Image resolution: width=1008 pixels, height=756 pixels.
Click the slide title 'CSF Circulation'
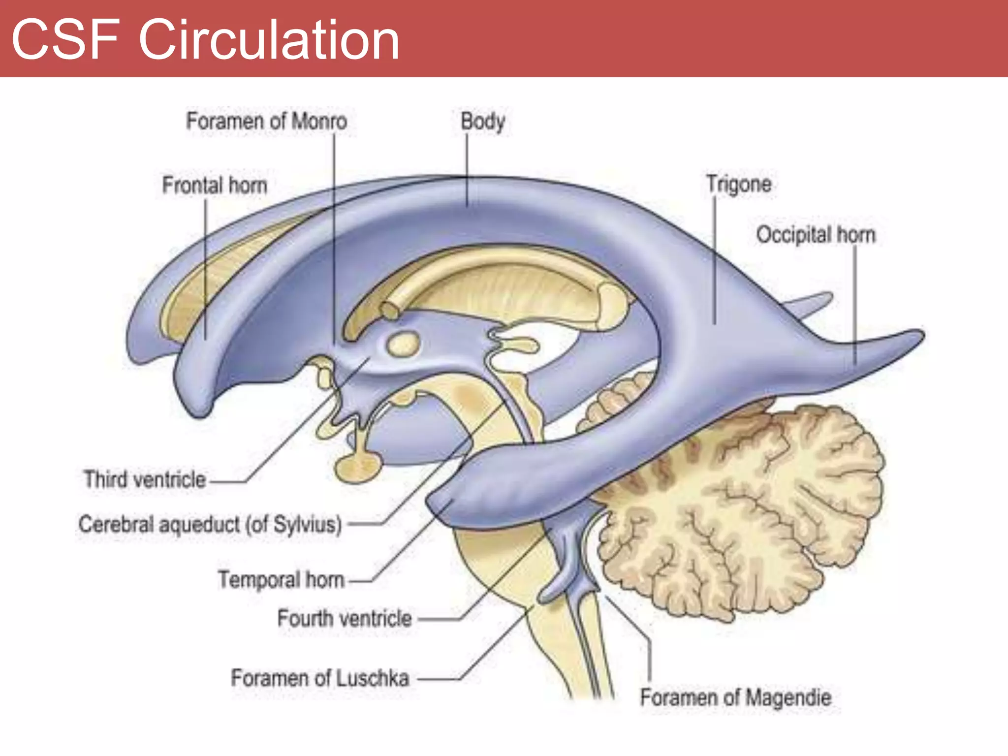[205, 39]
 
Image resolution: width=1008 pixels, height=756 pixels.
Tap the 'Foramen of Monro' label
[266, 121]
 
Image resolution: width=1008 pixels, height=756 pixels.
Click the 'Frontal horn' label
[215, 186]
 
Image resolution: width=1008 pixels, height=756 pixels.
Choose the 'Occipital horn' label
[816, 235]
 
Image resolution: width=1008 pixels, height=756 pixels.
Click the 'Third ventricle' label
[145, 479]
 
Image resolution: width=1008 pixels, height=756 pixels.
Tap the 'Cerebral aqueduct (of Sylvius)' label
[210, 525]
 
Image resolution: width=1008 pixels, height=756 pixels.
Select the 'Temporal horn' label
[281, 580]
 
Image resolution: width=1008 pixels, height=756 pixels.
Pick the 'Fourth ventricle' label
[345, 619]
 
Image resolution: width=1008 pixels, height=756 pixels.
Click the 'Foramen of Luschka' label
[320, 678]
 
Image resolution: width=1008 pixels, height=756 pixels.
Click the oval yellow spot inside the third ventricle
[404, 343]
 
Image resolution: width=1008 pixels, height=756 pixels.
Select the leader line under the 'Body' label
[467, 170]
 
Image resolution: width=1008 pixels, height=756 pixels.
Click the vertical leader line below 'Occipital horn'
[855, 305]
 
